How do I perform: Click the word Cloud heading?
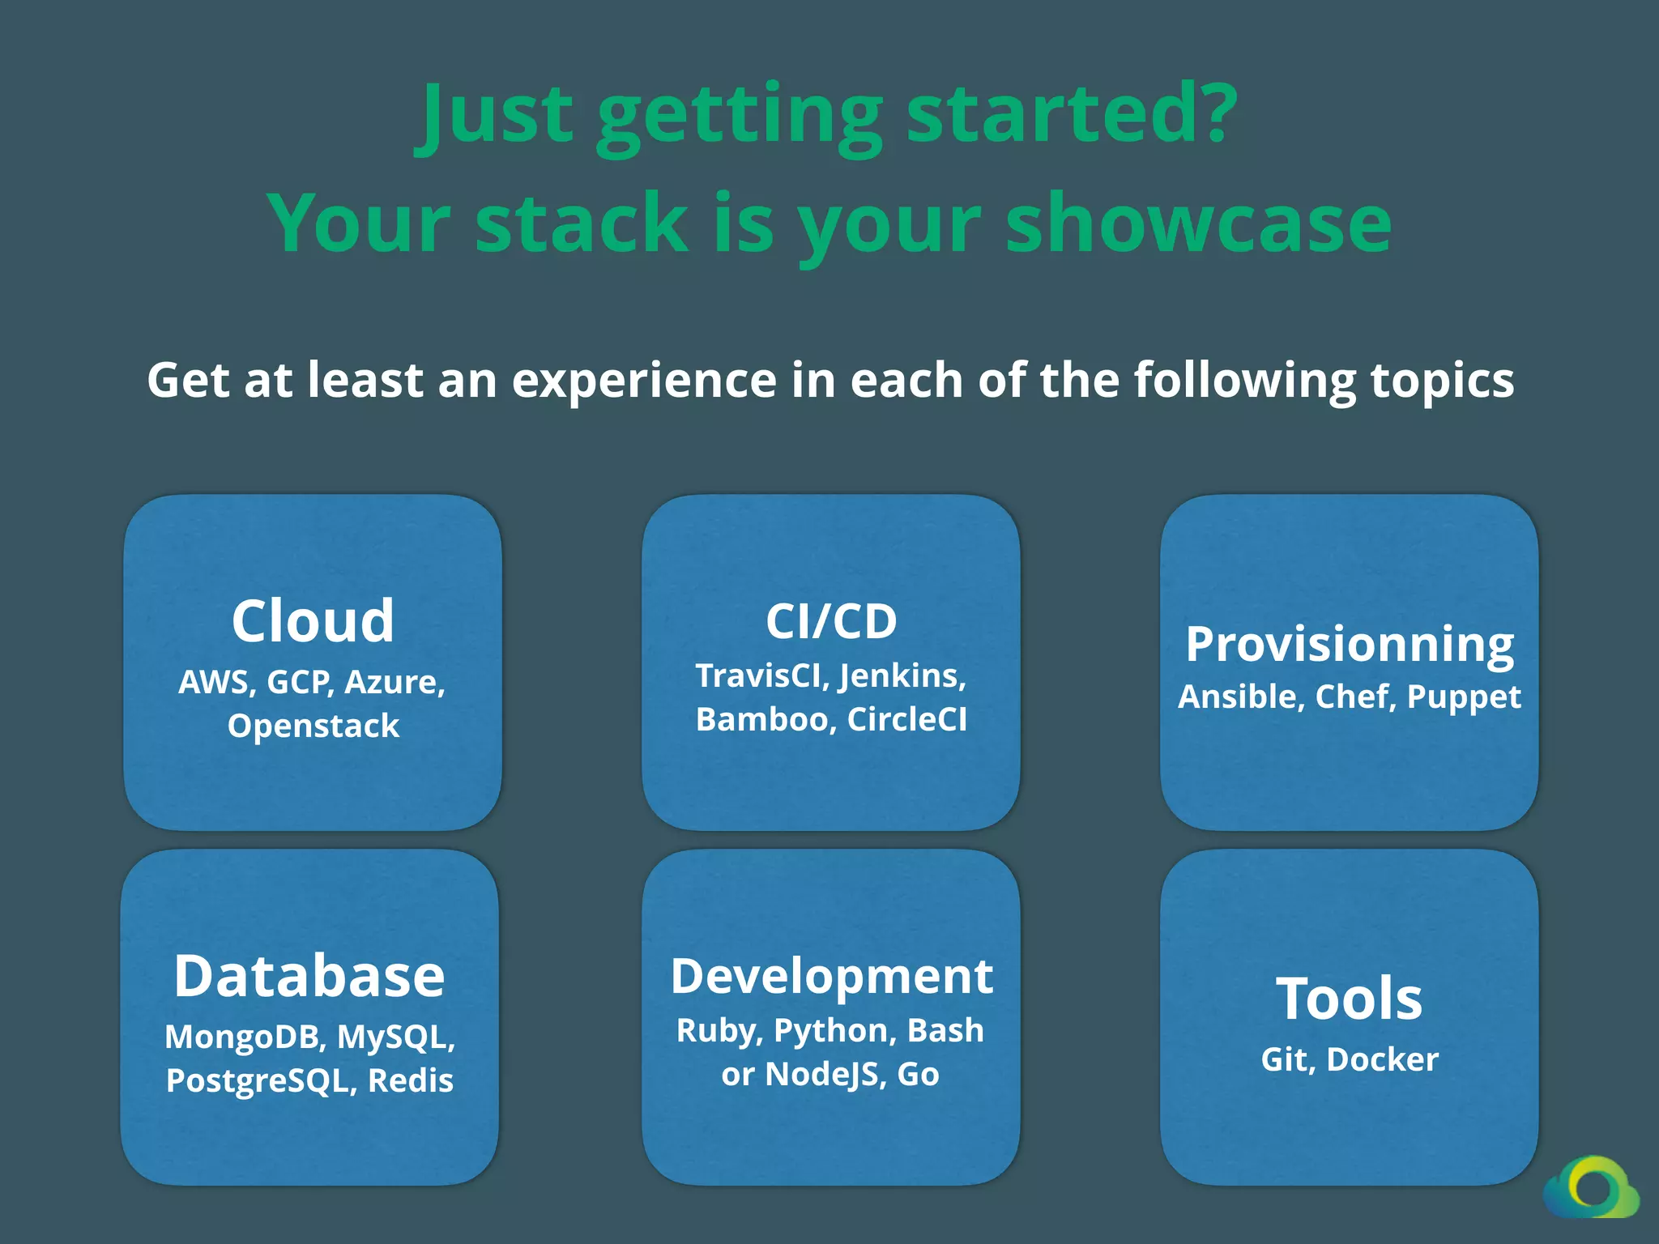pyautogui.click(x=313, y=621)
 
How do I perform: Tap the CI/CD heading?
pyautogui.click(x=831, y=621)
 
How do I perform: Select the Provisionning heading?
pyautogui.click(x=1350, y=645)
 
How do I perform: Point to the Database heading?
pyautogui.click(x=309, y=976)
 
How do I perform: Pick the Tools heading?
pyautogui.click(x=1350, y=999)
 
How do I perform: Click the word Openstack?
pyautogui.click(x=313, y=726)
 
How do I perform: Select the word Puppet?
pyautogui.click(x=1464, y=697)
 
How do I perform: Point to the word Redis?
pyautogui.click(x=411, y=1080)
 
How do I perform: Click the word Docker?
pyautogui.click(x=1383, y=1059)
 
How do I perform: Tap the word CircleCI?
pyautogui.click(x=907, y=719)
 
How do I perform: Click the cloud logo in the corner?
pyautogui.click(x=1592, y=1187)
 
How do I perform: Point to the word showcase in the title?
pyautogui.click(x=1199, y=223)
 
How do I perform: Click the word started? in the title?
pyautogui.click(x=1072, y=113)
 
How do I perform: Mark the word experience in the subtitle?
pyautogui.click(x=644, y=381)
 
